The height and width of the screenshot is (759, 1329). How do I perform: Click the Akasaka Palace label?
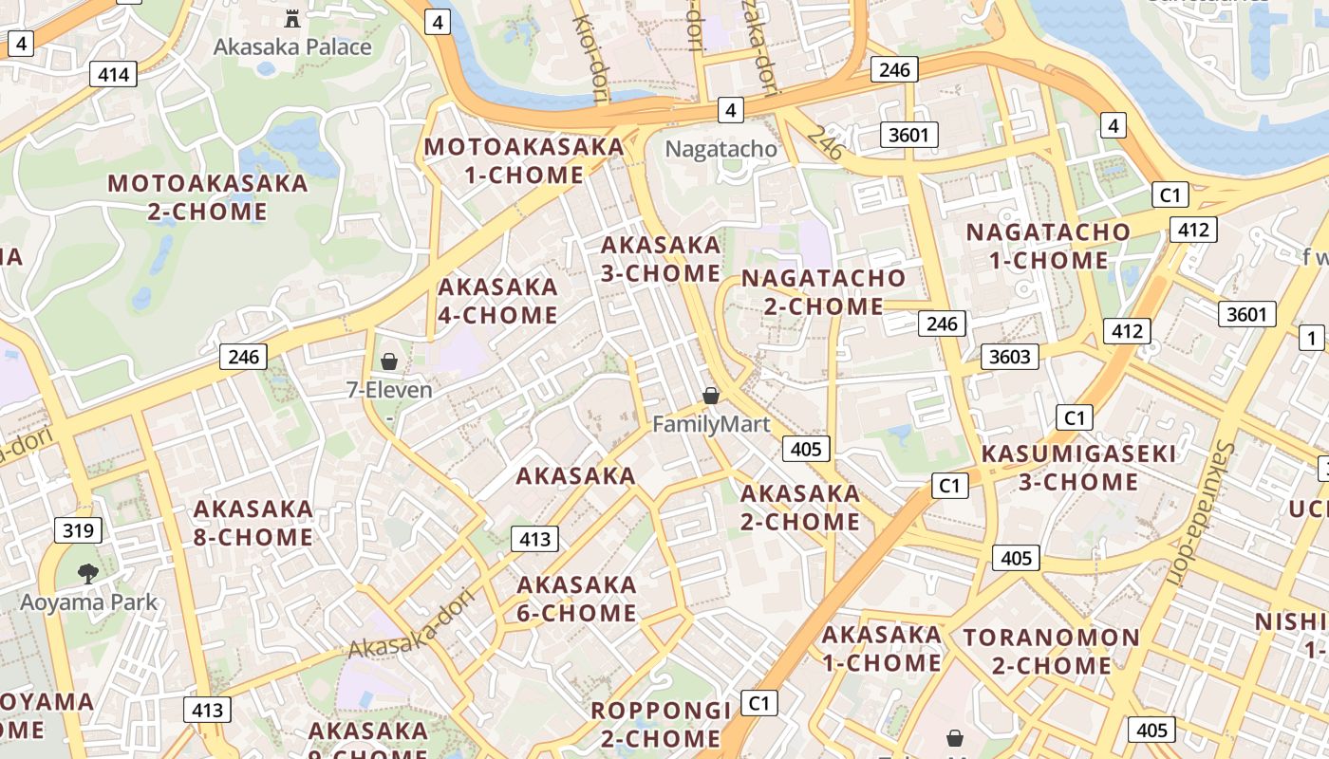pyautogui.click(x=292, y=46)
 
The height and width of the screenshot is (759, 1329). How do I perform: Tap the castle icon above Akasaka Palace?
pyautogui.click(x=292, y=18)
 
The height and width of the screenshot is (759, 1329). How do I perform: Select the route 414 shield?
pyautogui.click(x=113, y=74)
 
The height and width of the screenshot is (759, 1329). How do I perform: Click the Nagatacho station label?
pyautogui.click(x=721, y=149)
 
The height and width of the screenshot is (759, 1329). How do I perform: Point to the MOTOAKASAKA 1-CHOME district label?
pyautogui.click(x=524, y=161)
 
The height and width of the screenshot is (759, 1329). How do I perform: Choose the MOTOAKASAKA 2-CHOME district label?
pyautogui.click(x=208, y=197)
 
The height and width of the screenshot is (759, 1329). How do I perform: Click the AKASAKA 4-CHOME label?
pyautogui.click(x=497, y=301)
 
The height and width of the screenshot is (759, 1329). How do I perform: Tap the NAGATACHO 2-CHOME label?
pyautogui.click(x=824, y=292)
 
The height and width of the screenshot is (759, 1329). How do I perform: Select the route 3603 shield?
pyautogui.click(x=1009, y=356)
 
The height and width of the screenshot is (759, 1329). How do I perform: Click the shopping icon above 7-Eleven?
pyautogui.click(x=388, y=361)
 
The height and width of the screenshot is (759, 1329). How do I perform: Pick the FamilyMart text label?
pyautogui.click(x=711, y=424)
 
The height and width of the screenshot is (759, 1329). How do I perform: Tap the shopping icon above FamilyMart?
pyautogui.click(x=711, y=396)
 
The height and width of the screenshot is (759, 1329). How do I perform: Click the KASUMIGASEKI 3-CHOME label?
pyautogui.click(x=1078, y=468)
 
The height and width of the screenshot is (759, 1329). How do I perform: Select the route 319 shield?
pyautogui.click(x=78, y=529)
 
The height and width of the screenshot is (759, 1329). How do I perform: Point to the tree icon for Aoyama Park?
pyautogui.click(x=88, y=573)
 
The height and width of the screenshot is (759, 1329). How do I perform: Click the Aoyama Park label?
pyautogui.click(x=89, y=602)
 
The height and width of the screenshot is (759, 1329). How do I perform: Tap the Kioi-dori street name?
pyautogui.click(x=590, y=52)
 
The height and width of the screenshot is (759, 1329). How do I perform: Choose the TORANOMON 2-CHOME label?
pyautogui.click(x=1052, y=651)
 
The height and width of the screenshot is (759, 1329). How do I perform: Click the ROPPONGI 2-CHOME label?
pyautogui.click(x=661, y=724)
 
